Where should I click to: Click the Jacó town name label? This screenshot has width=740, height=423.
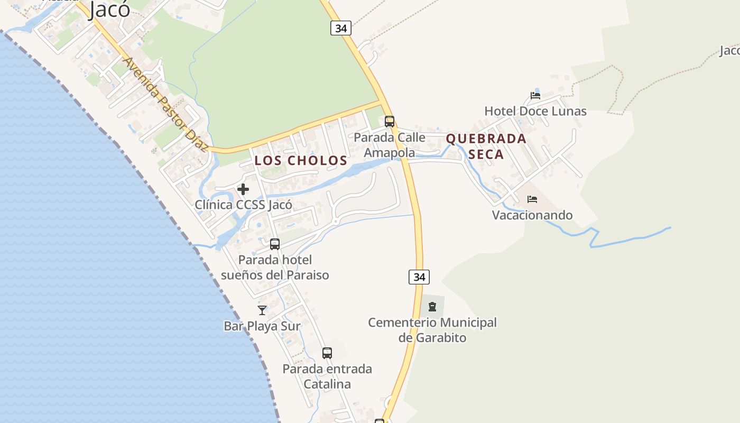110,9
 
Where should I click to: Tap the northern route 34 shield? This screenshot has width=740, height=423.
341,28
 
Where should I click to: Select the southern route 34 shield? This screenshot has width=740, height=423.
419,277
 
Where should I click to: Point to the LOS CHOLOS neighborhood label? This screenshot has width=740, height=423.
301,160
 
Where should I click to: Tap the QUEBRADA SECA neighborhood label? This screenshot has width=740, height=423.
486,146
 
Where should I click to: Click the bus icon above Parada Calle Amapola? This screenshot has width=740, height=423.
390,121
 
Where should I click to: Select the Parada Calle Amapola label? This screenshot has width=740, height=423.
390,145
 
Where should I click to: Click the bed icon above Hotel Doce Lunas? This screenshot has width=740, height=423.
535,96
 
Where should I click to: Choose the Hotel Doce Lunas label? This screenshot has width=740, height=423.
535,111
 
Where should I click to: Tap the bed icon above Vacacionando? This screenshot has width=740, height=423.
532,199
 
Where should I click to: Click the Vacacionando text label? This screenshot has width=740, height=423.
532,215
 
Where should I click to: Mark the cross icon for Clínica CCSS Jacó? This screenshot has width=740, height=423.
243,189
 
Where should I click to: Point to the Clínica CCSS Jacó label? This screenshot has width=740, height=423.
243,205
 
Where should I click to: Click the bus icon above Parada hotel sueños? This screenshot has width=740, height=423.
275,244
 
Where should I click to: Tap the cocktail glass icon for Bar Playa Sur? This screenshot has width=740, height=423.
262,310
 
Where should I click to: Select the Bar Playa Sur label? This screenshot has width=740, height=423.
262,326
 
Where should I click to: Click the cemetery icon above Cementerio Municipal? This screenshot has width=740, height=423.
432,306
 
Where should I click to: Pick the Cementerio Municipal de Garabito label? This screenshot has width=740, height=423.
432,329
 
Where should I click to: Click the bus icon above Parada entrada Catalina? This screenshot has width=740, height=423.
327,353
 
